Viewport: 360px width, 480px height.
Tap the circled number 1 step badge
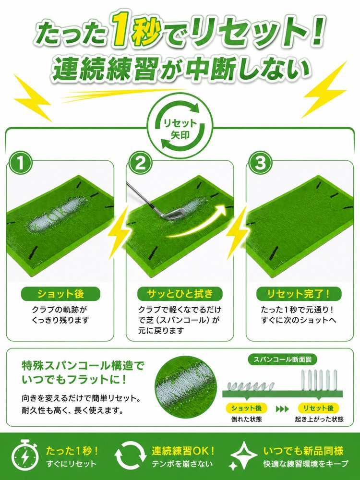pyautogui.click(x=20, y=163)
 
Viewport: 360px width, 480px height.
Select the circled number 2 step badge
pyautogui.click(x=140, y=163)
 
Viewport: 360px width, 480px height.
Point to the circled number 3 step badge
pyautogui.click(x=260, y=163)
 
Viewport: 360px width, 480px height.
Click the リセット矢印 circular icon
pyautogui.click(x=180, y=129)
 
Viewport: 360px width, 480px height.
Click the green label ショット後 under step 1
pyautogui.click(x=60, y=294)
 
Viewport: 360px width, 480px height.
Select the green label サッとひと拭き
pyautogui.click(x=180, y=294)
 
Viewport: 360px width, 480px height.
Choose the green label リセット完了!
pyautogui.click(x=299, y=294)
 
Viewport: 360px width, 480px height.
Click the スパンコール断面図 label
pyautogui.click(x=282, y=360)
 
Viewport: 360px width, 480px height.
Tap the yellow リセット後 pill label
pyautogui.click(x=318, y=408)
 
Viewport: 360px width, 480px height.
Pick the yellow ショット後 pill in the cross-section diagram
pyautogui.click(x=246, y=408)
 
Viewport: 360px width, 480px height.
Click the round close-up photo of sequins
pyautogui.click(x=186, y=386)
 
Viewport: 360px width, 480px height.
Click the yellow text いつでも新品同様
pyautogui.click(x=303, y=451)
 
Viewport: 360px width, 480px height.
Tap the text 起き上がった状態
pyautogui.click(x=319, y=420)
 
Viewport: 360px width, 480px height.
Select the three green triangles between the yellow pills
pyautogui.click(x=282, y=408)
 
